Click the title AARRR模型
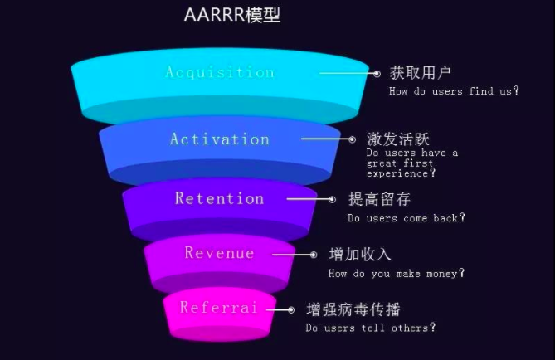232,15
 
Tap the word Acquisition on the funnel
220,72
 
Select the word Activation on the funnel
220,139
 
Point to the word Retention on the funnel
220,198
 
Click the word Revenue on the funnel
220,253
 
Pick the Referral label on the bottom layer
218,307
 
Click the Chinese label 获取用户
420,73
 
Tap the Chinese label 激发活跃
398,139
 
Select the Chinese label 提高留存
379,199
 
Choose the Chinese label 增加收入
360,255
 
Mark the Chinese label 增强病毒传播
353,309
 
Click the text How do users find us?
454,91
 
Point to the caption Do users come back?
407,217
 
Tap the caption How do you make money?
397,273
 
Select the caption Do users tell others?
371,328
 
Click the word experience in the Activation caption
397,173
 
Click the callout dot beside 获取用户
377,74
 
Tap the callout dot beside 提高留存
332,199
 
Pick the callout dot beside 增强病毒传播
291,310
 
